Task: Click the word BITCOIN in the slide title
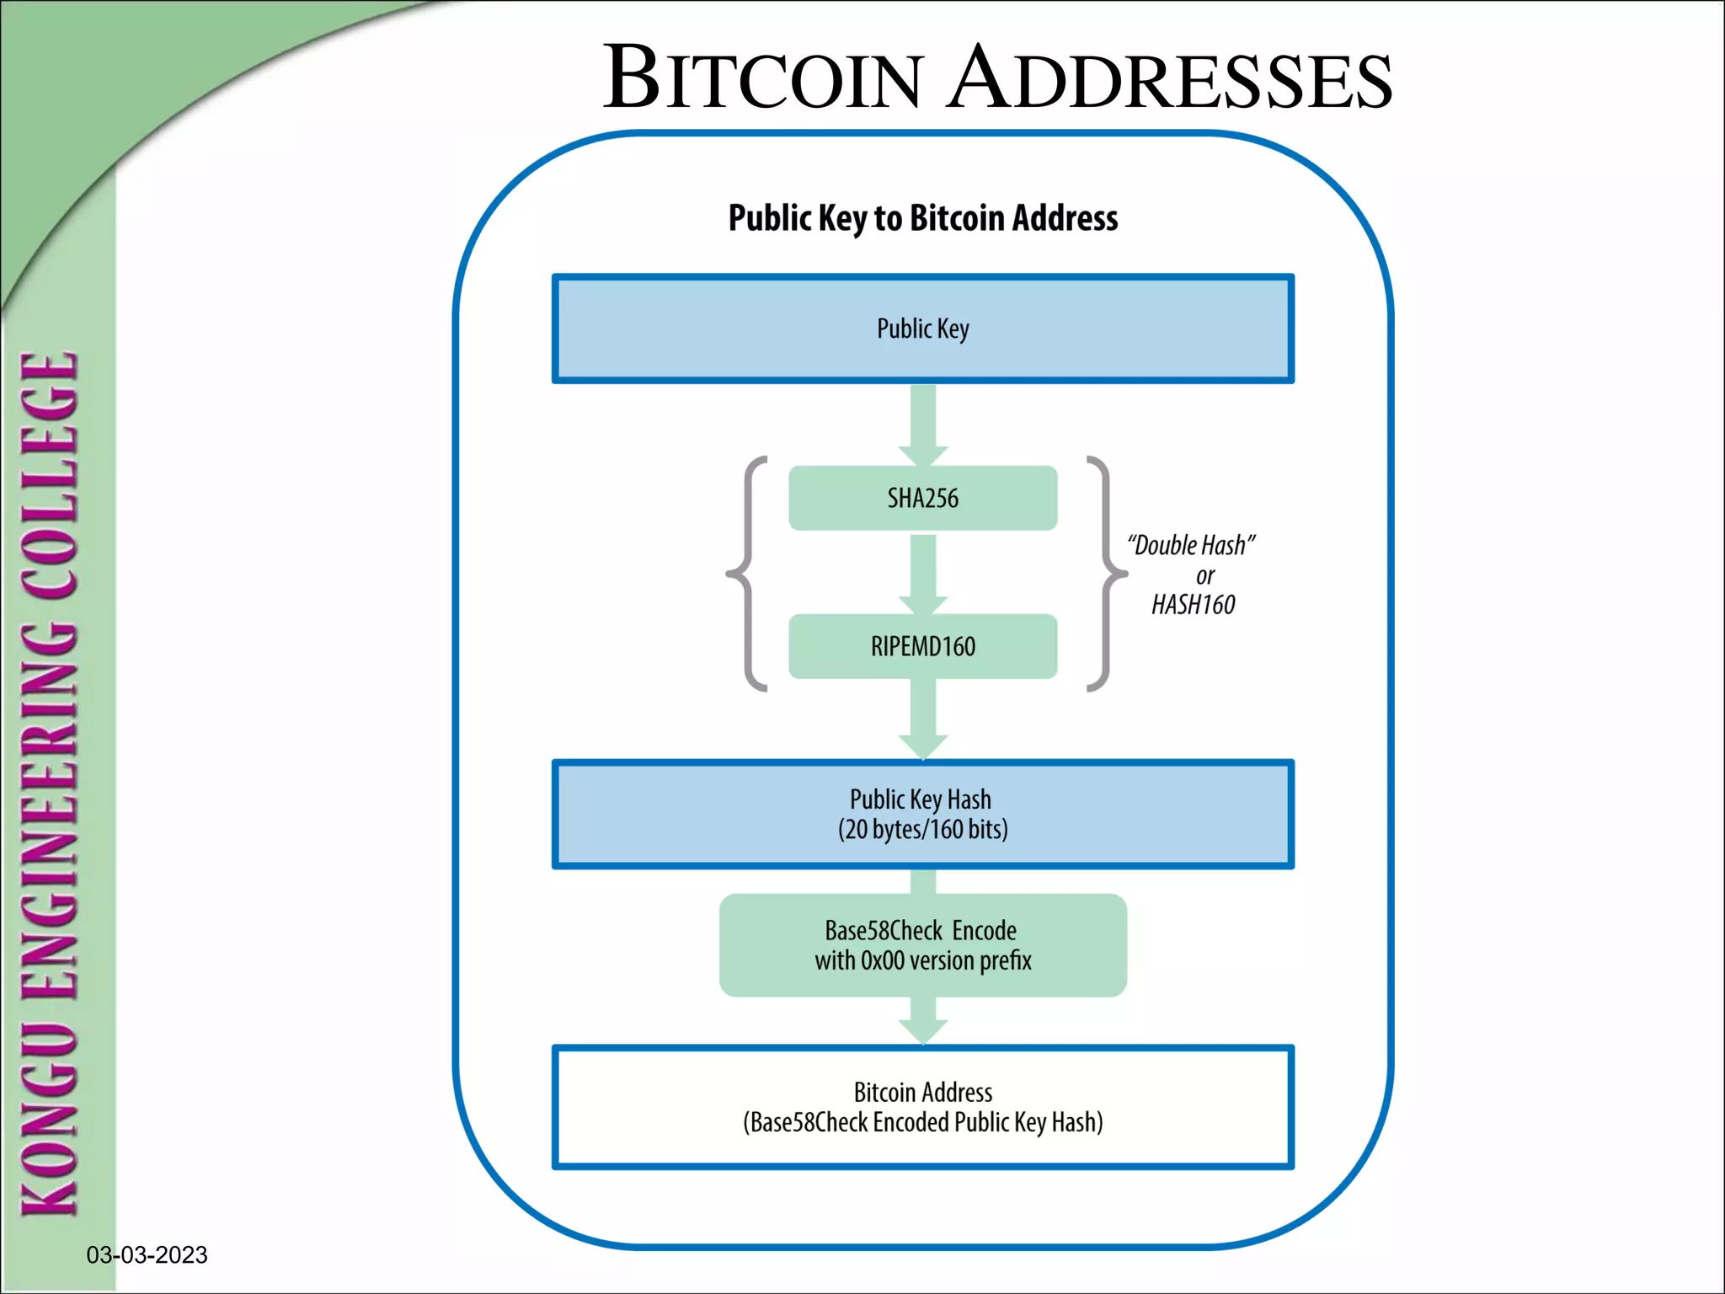(x=762, y=78)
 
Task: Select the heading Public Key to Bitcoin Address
(x=922, y=218)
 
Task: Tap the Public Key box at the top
(x=922, y=329)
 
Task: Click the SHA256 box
(x=922, y=498)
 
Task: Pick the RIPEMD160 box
(x=922, y=646)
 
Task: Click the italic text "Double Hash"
(x=1191, y=545)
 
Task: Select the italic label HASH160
(x=1193, y=605)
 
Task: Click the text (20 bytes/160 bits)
(x=922, y=830)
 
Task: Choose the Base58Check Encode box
(x=922, y=945)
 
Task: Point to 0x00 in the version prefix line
(x=882, y=960)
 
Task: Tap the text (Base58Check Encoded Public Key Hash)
(x=922, y=1122)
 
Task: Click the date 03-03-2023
(x=147, y=1255)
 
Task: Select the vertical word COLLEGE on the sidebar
(x=51, y=476)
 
